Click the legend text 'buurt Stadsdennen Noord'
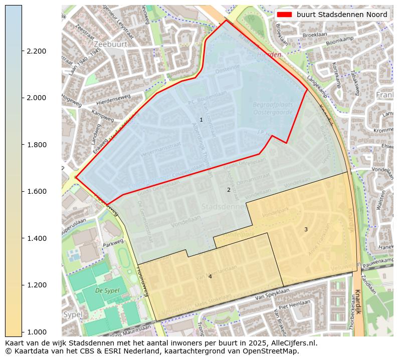point(342,15)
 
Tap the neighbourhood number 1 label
point(201,120)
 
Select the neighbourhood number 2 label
point(229,190)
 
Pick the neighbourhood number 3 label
point(306,229)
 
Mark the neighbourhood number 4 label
point(210,276)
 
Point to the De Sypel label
point(106,290)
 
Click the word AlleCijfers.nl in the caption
point(293,343)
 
